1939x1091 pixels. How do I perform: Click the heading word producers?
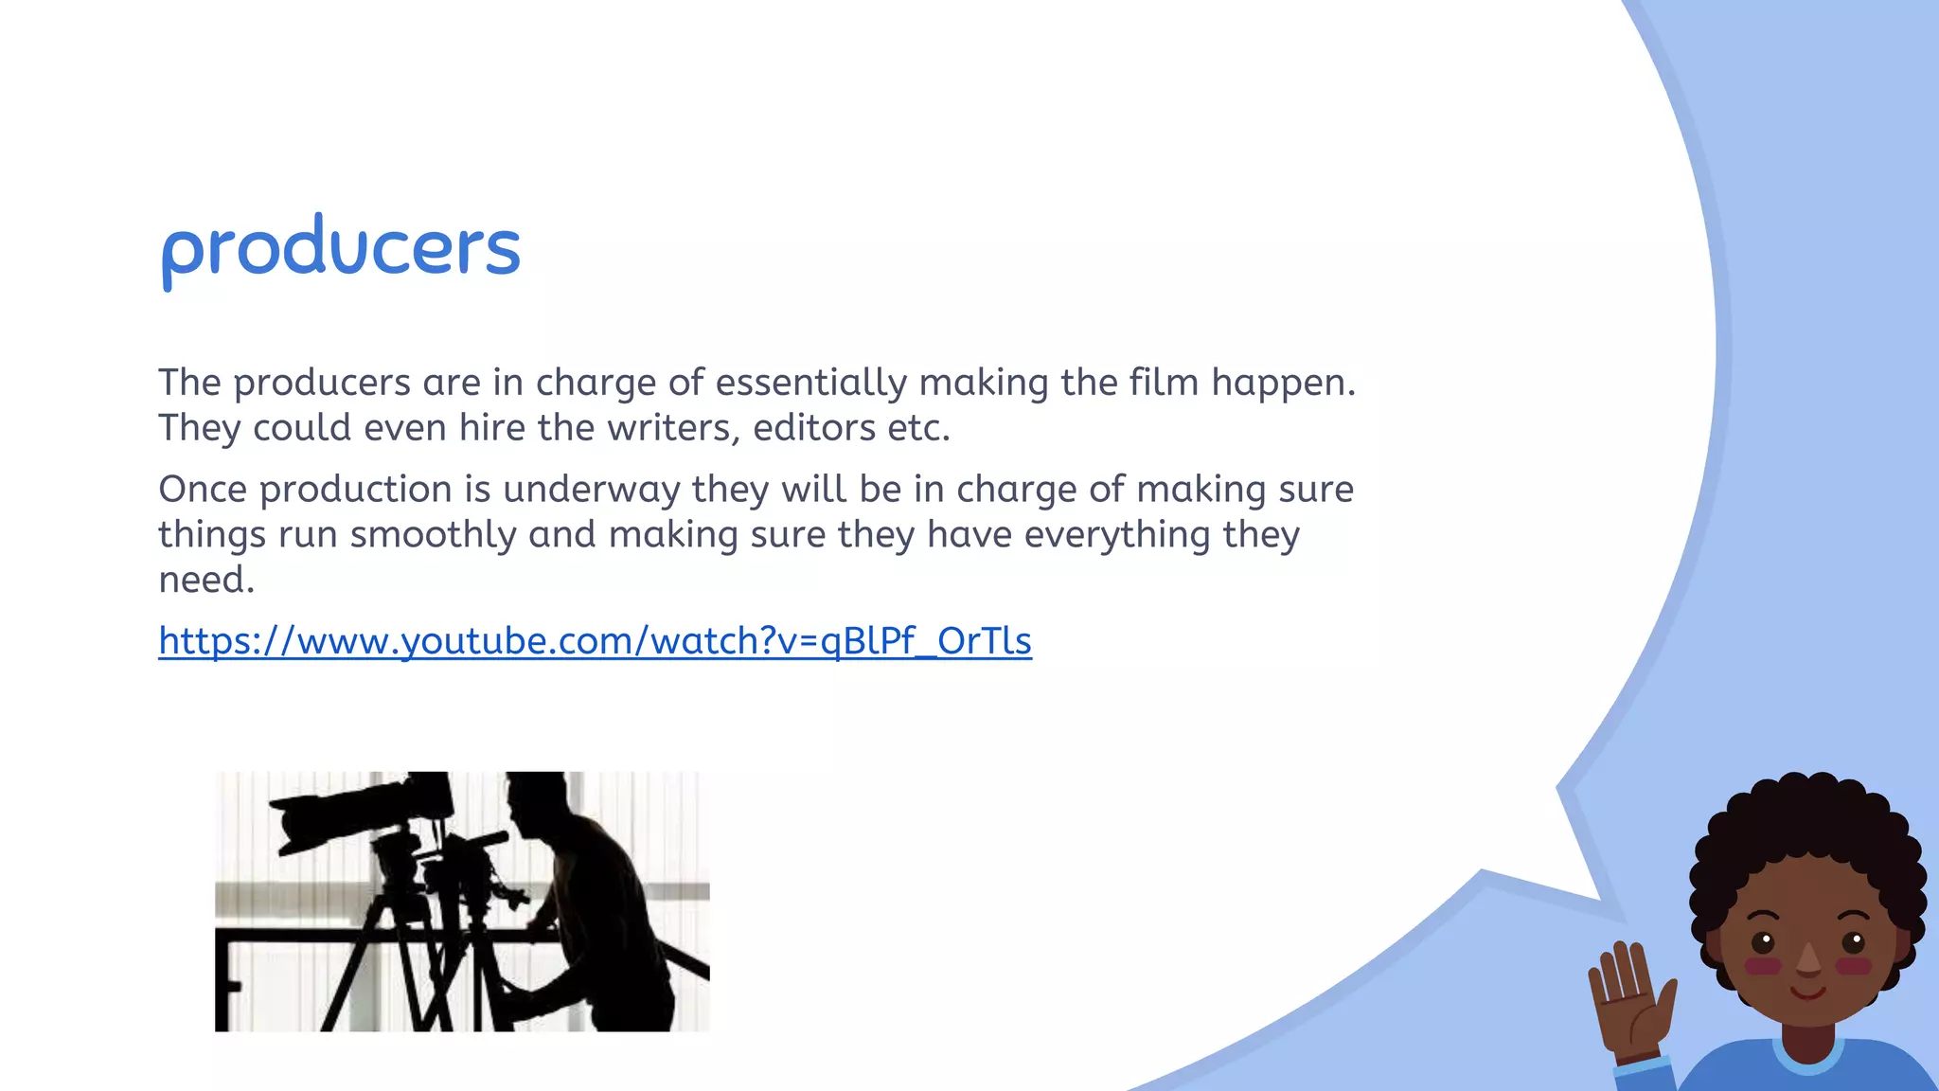click(x=341, y=248)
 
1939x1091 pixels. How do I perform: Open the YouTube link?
click(x=595, y=641)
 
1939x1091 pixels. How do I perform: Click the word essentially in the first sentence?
click(x=810, y=383)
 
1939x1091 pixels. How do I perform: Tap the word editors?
click(x=813, y=428)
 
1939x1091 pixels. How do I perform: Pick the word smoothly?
click(x=433, y=535)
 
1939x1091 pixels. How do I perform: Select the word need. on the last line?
click(x=206, y=580)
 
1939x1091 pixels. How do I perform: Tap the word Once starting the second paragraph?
click(x=203, y=490)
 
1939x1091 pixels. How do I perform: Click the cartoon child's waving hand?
click(x=1630, y=994)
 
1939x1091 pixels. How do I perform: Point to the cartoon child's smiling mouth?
click(x=1808, y=993)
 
